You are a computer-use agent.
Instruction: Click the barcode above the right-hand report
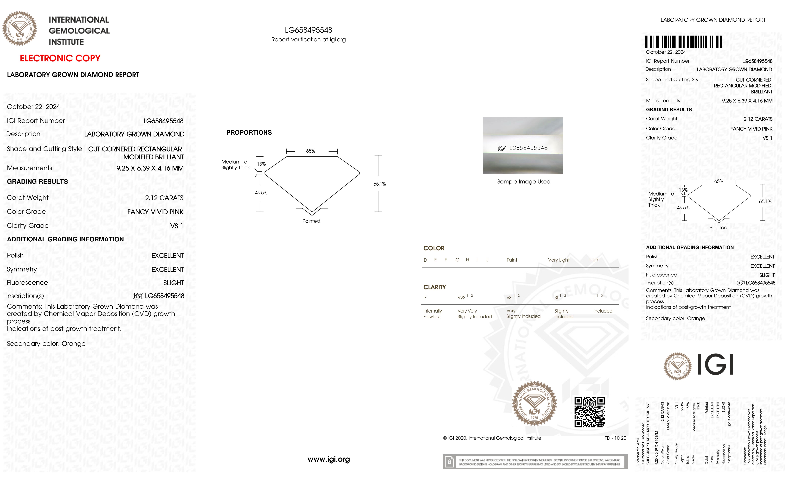pos(683,42)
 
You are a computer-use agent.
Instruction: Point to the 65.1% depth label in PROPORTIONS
pos(380,184)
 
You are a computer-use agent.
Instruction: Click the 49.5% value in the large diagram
pos(261,193)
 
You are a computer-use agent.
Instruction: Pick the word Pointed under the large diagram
pos(311,221)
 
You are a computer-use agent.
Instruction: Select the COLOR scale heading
pos(434,248)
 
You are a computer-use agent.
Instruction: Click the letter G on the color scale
pos(457,260)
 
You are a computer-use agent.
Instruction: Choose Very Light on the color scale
pos(558,260)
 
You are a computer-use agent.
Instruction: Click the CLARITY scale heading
pos(435,287)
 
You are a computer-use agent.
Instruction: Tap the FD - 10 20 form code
pos(615,438)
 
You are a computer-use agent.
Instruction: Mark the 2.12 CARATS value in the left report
pos(164,198)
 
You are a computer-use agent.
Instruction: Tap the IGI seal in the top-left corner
pos(20,28)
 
